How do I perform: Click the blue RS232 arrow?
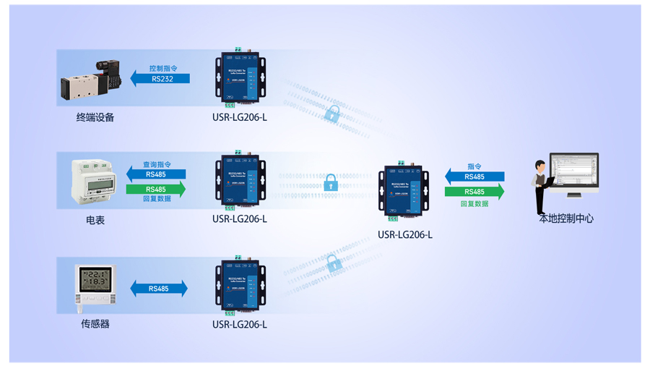tap(160, 79)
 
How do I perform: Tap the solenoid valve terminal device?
tap(90, 80)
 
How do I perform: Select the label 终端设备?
tap(95, 117)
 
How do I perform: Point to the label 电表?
tap(95, 220)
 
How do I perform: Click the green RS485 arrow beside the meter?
tap(156, 190)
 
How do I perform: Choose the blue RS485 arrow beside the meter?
tap(156, 174)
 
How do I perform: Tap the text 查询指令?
tap(157, 164)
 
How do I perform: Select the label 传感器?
tap(95, 324)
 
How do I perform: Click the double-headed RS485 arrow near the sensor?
tap(159, 289)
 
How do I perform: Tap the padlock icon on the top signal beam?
tap(332, 114)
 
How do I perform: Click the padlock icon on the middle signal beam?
tap(331, 182)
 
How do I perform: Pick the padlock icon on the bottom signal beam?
tap(334, 263)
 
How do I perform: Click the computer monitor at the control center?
tap(573, 173)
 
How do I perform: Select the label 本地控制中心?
tap(566, 218)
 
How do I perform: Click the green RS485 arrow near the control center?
tap(474, 192)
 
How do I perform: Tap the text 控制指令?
tap(163, 69)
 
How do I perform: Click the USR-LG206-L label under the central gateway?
tap(405, 234)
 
